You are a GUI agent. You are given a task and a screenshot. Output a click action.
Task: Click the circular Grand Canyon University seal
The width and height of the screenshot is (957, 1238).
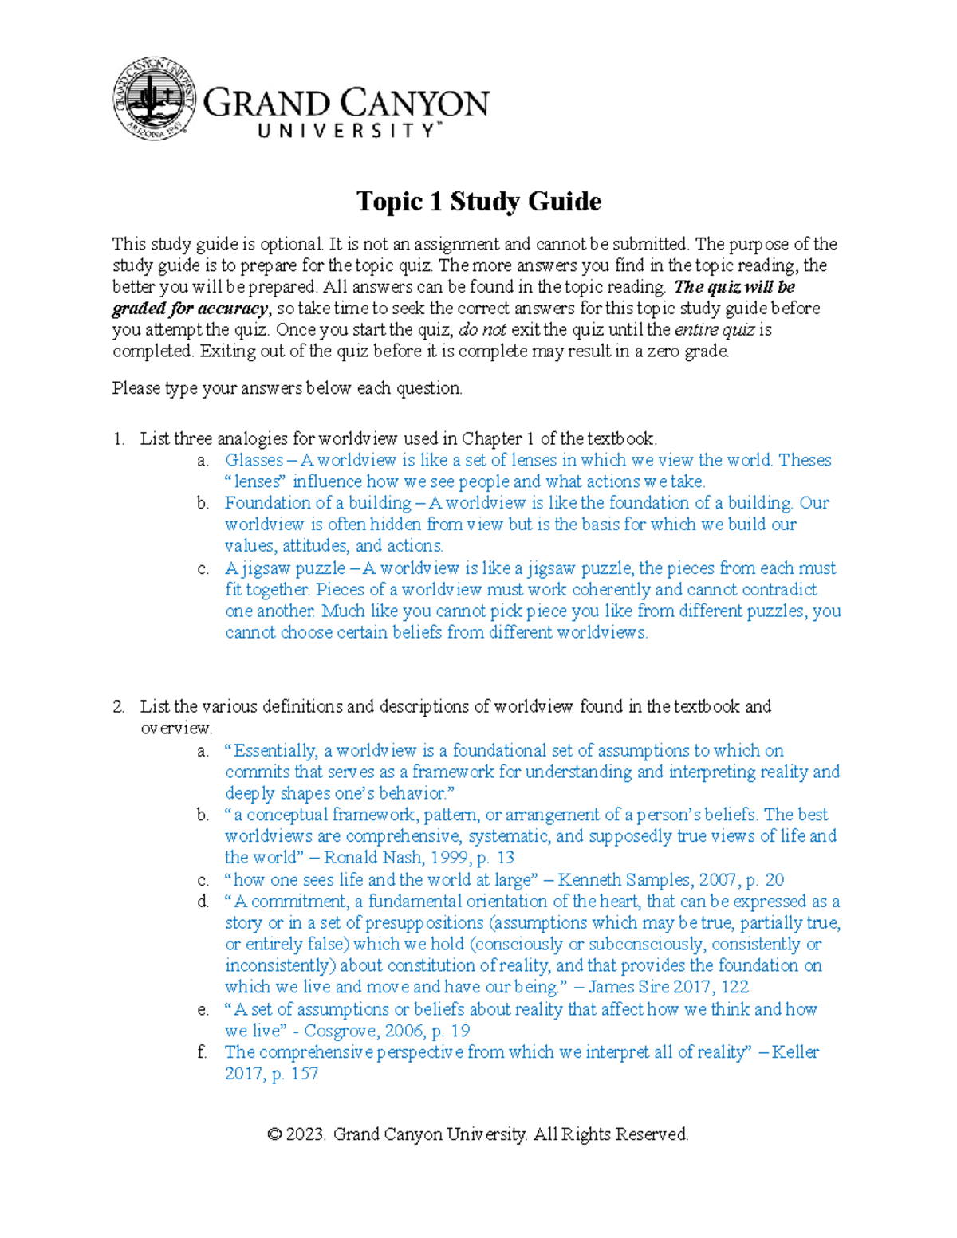click(155, 100)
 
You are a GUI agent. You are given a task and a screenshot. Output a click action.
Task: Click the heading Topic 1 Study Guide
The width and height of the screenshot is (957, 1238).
click(478, 201)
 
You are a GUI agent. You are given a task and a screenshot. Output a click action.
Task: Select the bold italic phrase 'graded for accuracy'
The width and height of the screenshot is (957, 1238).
click(190, 309)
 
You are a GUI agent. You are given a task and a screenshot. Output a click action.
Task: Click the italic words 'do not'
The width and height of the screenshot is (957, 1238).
click(482, 330)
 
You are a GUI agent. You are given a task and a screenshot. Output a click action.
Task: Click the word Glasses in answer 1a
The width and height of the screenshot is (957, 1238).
click(254, 460)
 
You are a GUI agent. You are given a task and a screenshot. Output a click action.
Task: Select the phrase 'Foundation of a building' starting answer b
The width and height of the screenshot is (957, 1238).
click(317, 503)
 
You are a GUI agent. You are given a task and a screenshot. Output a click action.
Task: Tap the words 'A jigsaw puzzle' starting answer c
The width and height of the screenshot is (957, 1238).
click(285, 568)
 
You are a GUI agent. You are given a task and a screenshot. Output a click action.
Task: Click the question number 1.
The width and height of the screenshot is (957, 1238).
click(118, 438)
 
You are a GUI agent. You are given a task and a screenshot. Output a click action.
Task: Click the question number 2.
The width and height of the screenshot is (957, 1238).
click(118, 706)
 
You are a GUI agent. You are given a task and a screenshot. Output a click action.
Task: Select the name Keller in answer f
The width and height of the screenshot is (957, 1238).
click(795, 1052)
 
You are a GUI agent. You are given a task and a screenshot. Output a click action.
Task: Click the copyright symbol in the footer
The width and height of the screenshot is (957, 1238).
click(275, 1134)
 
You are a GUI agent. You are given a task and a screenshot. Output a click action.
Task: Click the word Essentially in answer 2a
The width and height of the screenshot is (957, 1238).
click(275, 751)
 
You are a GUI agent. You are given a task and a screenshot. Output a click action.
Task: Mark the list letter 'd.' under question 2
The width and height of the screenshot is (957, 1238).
click(203, 902)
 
